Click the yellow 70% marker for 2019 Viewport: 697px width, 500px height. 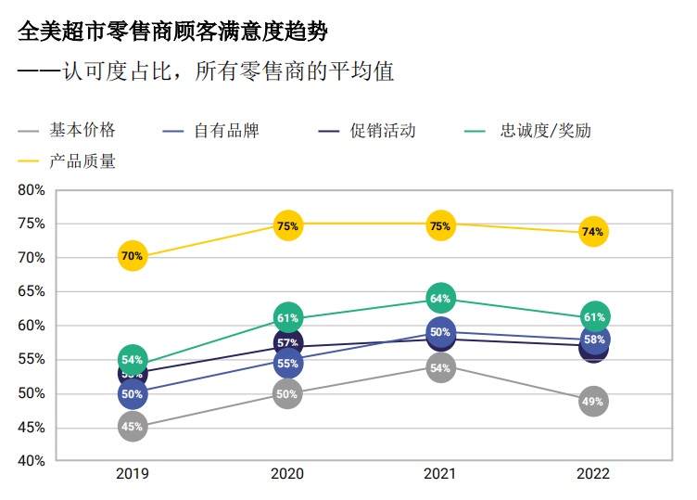[x=132, y=256]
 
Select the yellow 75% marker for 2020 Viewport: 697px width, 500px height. [x=287, y=225]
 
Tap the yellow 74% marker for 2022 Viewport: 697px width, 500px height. [x=593, y=232]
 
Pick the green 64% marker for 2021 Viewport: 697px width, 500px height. [x=440, y=299]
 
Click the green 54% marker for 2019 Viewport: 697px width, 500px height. [x=133, y=359]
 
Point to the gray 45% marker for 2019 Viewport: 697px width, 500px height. [x=132, y=427]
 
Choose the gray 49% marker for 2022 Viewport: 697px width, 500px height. [x=593, y=402]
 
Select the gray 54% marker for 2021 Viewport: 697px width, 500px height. [x=440, y=368]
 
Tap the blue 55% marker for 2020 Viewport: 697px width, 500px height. [x=287, y=364]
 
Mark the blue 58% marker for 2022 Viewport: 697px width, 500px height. [x=595, y=340]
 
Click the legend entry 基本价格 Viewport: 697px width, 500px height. [x=82, y=131]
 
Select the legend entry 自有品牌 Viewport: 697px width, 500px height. [x=226, y=131]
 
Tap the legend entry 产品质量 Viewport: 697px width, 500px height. [x=82, y=161]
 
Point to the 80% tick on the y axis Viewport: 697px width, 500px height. [x=32, y=190]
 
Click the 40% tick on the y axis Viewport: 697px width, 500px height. [x=32, y=461]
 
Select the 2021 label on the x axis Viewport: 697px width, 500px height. [x=440, y=474]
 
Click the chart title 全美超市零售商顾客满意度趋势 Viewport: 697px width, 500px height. [x=173, y=33]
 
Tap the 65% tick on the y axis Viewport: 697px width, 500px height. [x=32, y=291]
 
